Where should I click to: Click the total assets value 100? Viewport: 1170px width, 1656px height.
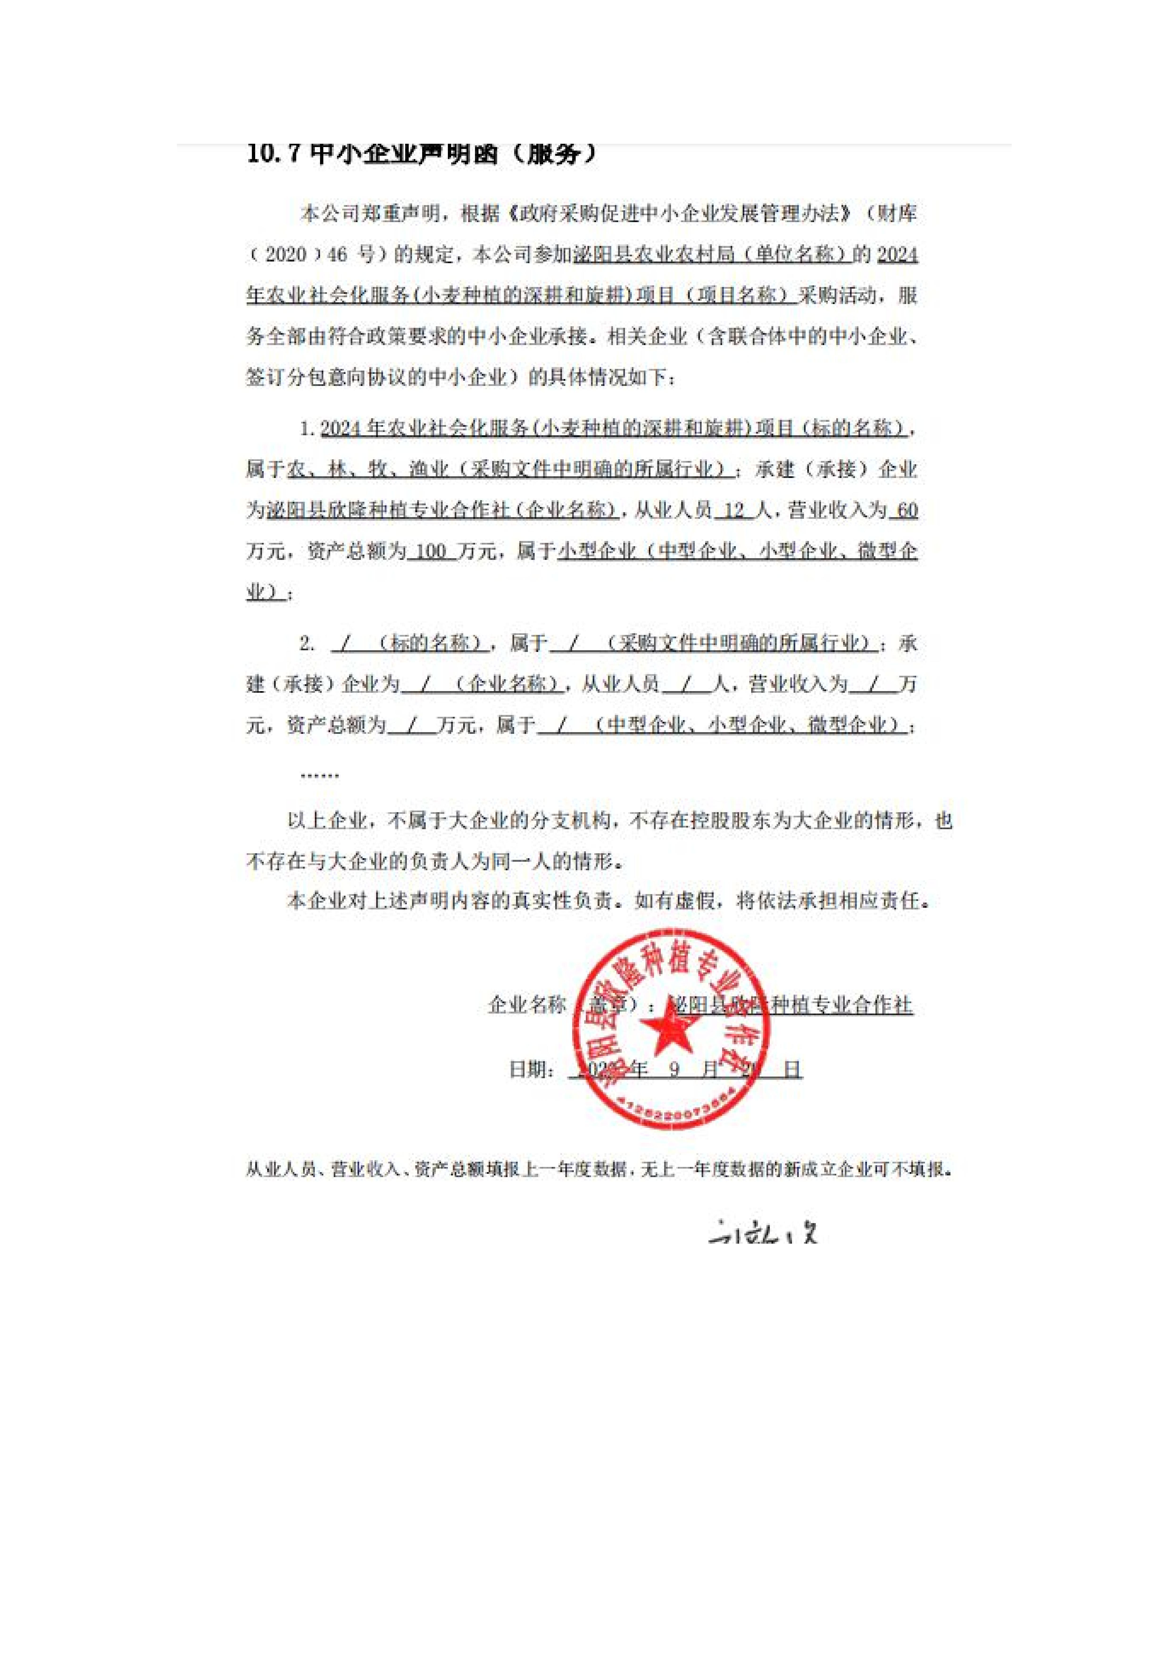pos(431,552)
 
